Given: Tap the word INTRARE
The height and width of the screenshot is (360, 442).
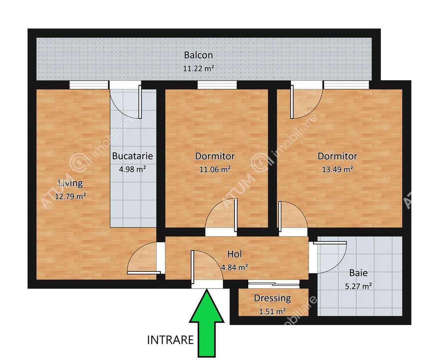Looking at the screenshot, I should (171, 339).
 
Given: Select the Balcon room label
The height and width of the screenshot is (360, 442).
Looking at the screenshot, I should (198, 55).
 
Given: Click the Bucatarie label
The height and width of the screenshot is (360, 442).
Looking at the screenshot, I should (132, 156).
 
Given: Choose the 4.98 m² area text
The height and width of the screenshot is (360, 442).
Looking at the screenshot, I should (132, 169).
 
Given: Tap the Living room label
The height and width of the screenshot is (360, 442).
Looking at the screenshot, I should (70, 183).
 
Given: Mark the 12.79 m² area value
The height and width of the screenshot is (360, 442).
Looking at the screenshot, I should (70, 196).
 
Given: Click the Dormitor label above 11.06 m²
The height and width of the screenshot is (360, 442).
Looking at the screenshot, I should (215, 156).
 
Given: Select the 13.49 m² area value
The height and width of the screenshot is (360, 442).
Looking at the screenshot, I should (337, 169).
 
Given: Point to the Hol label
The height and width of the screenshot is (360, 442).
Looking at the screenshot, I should (234, 254).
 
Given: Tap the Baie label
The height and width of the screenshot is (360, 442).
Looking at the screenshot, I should (359, 273).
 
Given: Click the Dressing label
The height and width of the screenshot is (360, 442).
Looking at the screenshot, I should (272, 298).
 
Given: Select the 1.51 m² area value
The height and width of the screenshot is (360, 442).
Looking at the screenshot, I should (272, 311).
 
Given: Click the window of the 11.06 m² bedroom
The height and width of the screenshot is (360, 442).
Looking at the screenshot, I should (217, 85).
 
